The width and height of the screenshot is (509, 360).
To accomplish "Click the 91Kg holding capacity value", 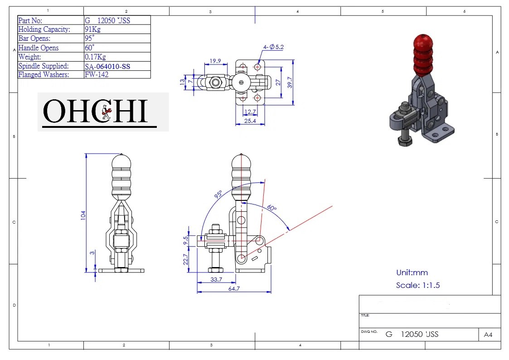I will point(92,29).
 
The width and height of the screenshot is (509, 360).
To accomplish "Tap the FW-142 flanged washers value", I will point(97,75).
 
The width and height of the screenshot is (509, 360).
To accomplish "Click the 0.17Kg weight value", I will point(95,57).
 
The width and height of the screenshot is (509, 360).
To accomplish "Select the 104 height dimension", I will point(83,214).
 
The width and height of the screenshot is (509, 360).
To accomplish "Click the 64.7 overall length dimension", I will point(234,288).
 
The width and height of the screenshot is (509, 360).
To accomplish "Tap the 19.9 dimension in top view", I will point(215,61).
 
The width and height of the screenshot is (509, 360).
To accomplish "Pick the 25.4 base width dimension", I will point(249,121).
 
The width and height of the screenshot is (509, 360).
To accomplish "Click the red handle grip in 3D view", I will point(422,54).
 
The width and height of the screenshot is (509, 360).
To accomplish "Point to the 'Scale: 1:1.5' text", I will point(417,285).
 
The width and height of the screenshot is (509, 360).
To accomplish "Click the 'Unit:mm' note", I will point(412,272).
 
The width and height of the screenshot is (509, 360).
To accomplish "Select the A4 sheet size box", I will point(488,335).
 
